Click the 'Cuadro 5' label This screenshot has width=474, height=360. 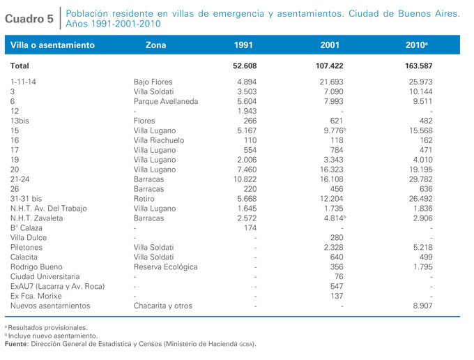click(29, 19)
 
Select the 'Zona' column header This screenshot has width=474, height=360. click(155, 45)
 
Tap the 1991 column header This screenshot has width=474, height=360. click(243, 45)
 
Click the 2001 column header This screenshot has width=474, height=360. click(330, 45)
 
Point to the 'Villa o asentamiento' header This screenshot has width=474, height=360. click(52, 45)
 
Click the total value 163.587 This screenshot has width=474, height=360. click(419, 66)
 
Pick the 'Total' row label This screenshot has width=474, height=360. click(20, 66)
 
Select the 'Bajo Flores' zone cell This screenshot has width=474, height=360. click(153, 82)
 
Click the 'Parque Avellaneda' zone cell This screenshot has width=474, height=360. click(166, 101)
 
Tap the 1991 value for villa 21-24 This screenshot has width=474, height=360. click(245, 179)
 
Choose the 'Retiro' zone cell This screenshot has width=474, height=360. click(144, 199)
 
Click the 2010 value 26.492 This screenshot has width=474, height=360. click(421, 199)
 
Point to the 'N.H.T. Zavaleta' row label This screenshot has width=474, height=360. click(36, 218)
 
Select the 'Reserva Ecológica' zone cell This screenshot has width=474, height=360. click(166, 267)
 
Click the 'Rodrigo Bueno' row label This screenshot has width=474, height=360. click(36, 267)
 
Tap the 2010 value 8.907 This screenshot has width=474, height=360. click(422, 306)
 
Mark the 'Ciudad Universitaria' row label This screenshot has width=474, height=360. click(45, 276)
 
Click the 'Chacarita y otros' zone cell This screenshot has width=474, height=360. click(163, 306)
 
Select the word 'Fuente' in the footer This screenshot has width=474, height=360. click(16, 344)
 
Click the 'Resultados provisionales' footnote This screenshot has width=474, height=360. click(47, 328)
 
